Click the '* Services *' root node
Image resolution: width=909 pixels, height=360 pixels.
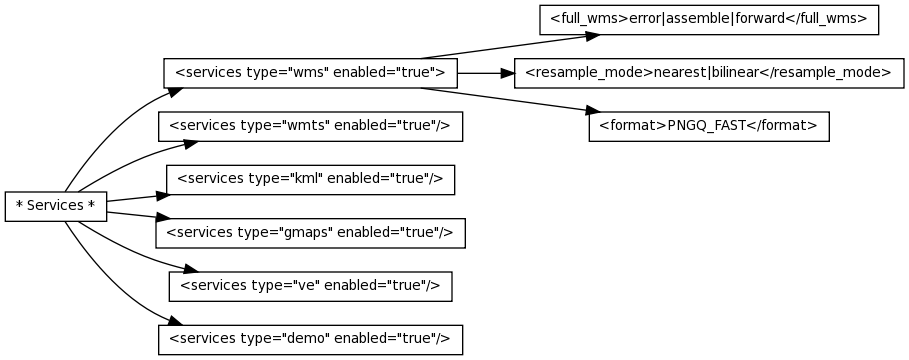pos(56,206)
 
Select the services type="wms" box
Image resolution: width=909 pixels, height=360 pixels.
pos(310,73)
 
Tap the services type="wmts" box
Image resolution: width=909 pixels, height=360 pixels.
pos(310,126)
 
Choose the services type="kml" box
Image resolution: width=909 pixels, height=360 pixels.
pos(310,179)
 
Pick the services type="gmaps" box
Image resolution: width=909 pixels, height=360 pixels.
pos(310,232)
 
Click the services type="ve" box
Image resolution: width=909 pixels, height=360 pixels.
pos(310,285)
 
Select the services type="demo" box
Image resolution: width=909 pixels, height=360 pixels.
pos(310,338)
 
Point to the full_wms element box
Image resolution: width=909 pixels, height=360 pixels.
pos(708,20)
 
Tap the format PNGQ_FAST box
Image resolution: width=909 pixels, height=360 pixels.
pos(708,126)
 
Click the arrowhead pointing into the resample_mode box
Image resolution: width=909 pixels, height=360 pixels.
pos(506,73)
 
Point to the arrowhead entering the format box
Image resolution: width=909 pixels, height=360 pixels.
pos(581,109)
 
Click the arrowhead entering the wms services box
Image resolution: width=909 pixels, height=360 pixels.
pos(175,90)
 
